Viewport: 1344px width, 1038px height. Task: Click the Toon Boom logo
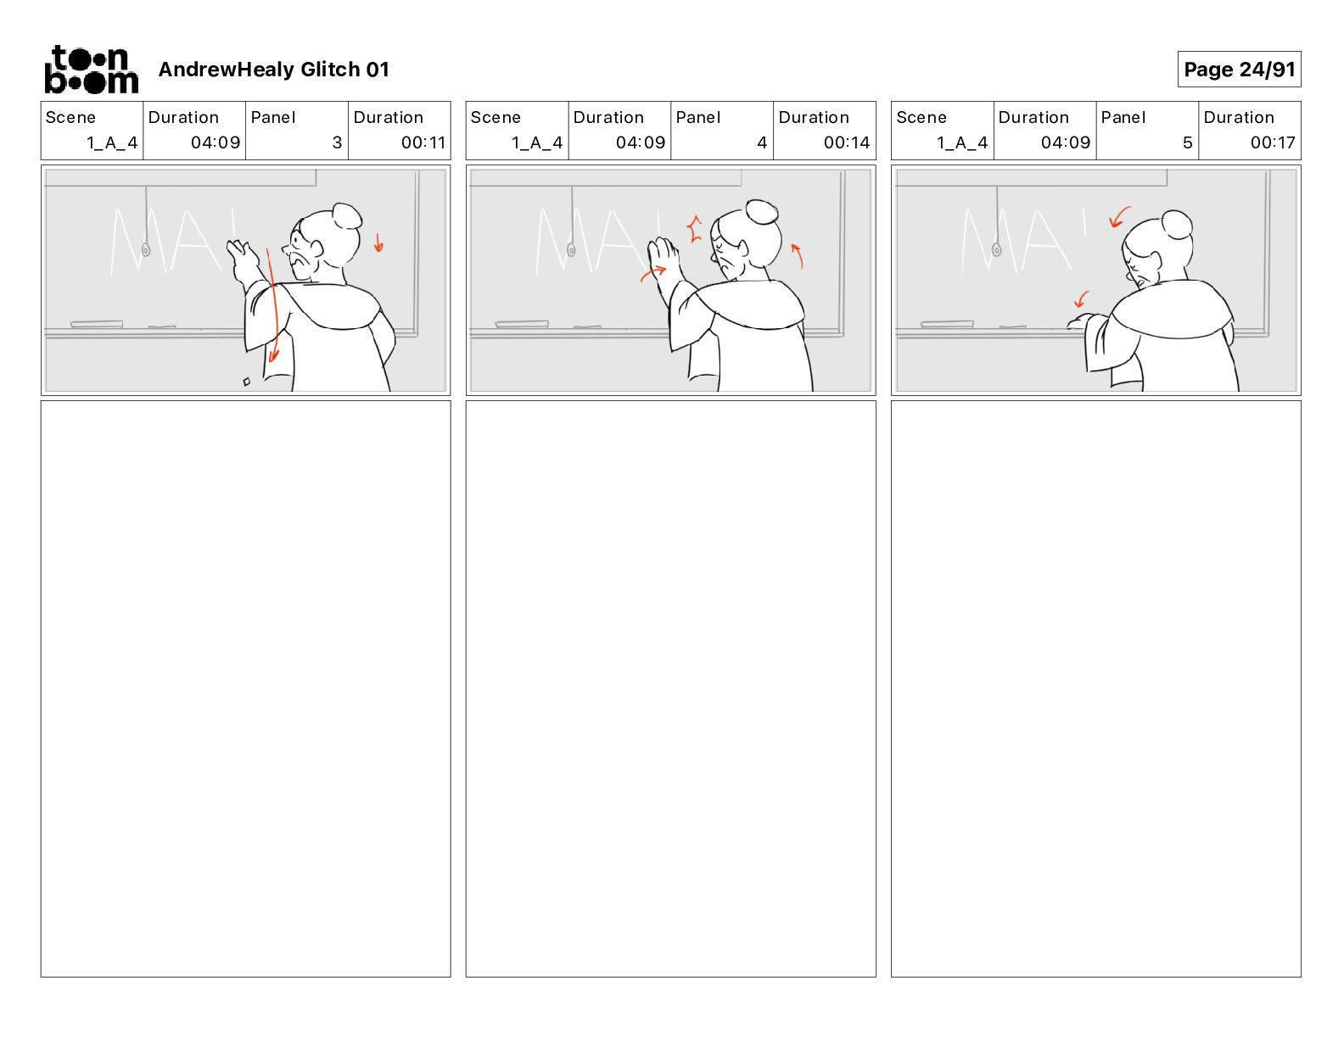92,70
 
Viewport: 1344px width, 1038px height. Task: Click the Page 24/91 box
1238,70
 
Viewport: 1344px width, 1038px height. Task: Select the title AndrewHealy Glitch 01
273,70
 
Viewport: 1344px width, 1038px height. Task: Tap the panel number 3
337,142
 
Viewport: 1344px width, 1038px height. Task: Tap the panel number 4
762,142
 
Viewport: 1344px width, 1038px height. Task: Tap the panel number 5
1188,142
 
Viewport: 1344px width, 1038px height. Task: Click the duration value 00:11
423,142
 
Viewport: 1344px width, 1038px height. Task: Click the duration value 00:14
847,142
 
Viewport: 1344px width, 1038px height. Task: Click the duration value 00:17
1273,142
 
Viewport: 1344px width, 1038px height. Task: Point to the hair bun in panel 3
346,215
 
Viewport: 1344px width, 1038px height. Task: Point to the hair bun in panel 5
1176,224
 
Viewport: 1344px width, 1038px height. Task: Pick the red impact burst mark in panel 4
695,228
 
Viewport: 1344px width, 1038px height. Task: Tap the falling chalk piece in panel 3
247,382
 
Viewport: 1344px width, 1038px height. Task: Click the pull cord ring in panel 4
571,250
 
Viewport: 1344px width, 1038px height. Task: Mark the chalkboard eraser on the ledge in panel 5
947,323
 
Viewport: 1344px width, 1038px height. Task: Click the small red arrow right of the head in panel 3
378,243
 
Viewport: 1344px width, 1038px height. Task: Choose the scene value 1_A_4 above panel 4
537,143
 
